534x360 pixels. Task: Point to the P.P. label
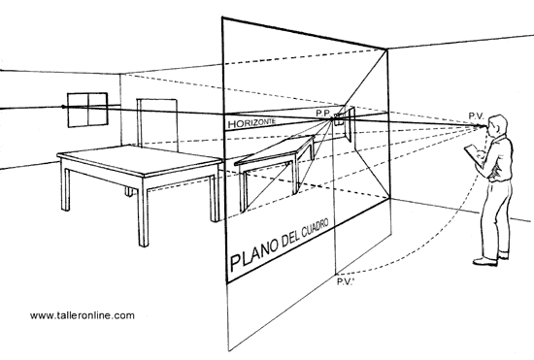click(x=323, y=113)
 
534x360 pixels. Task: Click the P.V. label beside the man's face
click(x=476, y=115)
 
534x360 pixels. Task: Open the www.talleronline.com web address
click(x=83, y=315)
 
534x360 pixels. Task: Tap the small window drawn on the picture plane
click(x=339, y=121)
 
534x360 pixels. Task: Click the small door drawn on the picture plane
click(x=350, y=125)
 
